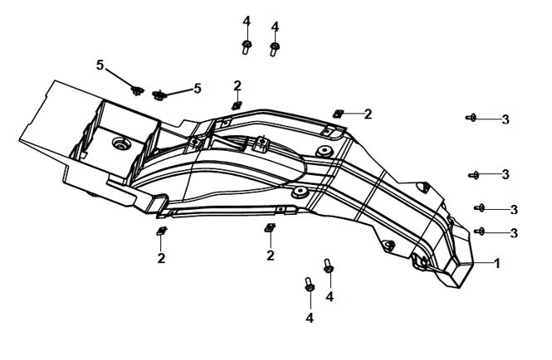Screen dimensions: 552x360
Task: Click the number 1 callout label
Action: (497, 263)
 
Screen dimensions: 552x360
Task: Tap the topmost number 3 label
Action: (506, 119)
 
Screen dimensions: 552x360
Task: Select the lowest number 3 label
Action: (514, 233)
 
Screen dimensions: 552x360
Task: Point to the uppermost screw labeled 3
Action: (471, 118)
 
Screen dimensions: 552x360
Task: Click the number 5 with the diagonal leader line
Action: (100, 65)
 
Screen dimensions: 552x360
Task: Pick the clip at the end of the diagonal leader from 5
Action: (137, 90)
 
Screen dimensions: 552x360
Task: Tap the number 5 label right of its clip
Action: (198, 89)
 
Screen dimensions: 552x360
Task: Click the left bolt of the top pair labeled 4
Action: (247, 46)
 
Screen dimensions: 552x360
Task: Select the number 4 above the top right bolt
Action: (275, 27)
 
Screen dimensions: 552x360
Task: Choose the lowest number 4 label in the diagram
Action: (310, 319)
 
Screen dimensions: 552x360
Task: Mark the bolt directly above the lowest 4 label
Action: (310, 285)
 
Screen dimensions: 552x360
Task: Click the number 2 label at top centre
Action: (237, 85)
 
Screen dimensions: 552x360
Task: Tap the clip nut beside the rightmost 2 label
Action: (339, 114)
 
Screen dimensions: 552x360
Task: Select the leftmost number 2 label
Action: (161, 259)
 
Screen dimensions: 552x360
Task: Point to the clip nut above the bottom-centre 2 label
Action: (270, 227)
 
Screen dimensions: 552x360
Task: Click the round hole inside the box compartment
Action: (121, 144)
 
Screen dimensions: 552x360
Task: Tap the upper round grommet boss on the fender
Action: (325, 151)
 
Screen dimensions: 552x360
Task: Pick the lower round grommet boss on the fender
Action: (300, 192)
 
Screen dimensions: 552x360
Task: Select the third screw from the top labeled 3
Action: (480, 208)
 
